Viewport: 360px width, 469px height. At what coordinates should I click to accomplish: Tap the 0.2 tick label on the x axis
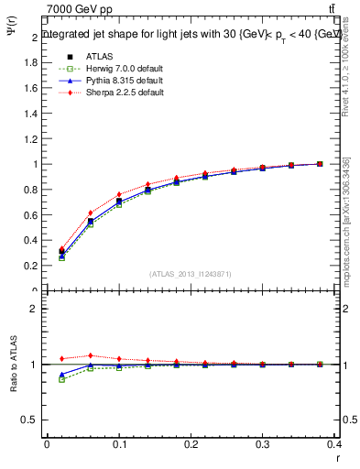tap(191, 445)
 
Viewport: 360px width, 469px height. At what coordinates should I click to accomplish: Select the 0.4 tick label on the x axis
tap(334, 445)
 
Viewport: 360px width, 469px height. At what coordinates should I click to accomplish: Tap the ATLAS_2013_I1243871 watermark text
tap(191, 274)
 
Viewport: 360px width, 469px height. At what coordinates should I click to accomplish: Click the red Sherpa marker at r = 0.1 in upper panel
tap(119, 194)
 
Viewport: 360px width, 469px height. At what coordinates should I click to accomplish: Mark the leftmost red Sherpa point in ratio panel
tap(61, 358)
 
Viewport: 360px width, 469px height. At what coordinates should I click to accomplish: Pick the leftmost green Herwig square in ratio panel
tap(61, 379)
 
